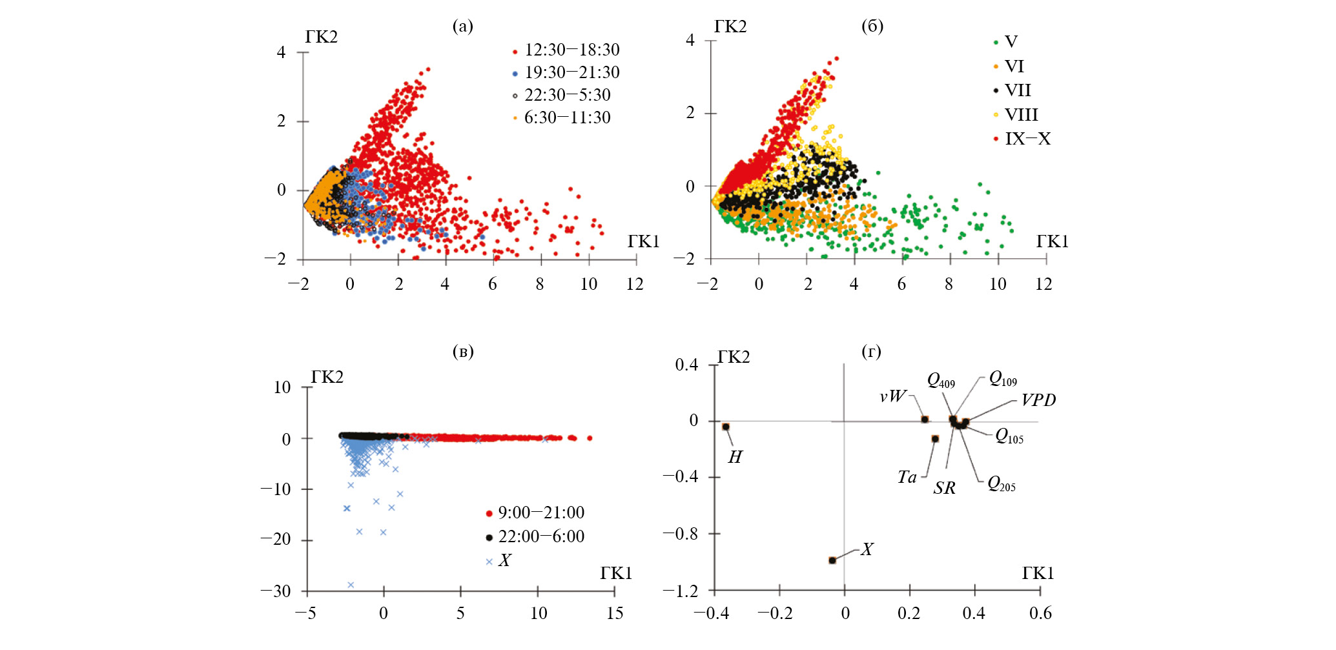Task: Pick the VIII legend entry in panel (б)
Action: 1021,115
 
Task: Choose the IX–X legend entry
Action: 1027,139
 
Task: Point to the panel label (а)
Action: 463,26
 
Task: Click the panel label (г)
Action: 872,352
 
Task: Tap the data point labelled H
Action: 726,427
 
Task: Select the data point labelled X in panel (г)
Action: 832,560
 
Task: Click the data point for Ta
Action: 935,439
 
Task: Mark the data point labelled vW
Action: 925,420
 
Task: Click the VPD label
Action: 1038,400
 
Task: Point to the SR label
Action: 944,488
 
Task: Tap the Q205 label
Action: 1001,483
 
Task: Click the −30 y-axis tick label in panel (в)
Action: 276,591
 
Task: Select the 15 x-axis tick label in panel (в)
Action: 615,613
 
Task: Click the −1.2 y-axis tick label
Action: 681,591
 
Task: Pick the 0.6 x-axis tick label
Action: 1040,613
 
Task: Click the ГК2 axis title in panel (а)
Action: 321,37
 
